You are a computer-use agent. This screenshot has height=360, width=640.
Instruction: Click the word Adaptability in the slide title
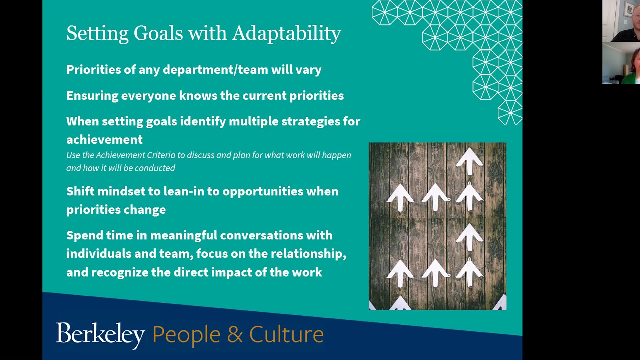point(286,34)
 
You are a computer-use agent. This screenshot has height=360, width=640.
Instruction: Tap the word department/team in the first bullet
point(215,70)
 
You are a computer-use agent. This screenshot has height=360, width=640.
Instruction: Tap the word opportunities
point(262,191)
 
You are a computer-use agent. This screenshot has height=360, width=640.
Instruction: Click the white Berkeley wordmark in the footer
point(100,335)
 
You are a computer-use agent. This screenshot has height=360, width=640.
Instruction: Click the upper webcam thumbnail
point(621,21)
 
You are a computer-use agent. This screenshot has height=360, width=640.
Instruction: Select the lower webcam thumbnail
point(621,63)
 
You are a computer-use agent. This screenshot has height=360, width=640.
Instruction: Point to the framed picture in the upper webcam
point(628,8)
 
